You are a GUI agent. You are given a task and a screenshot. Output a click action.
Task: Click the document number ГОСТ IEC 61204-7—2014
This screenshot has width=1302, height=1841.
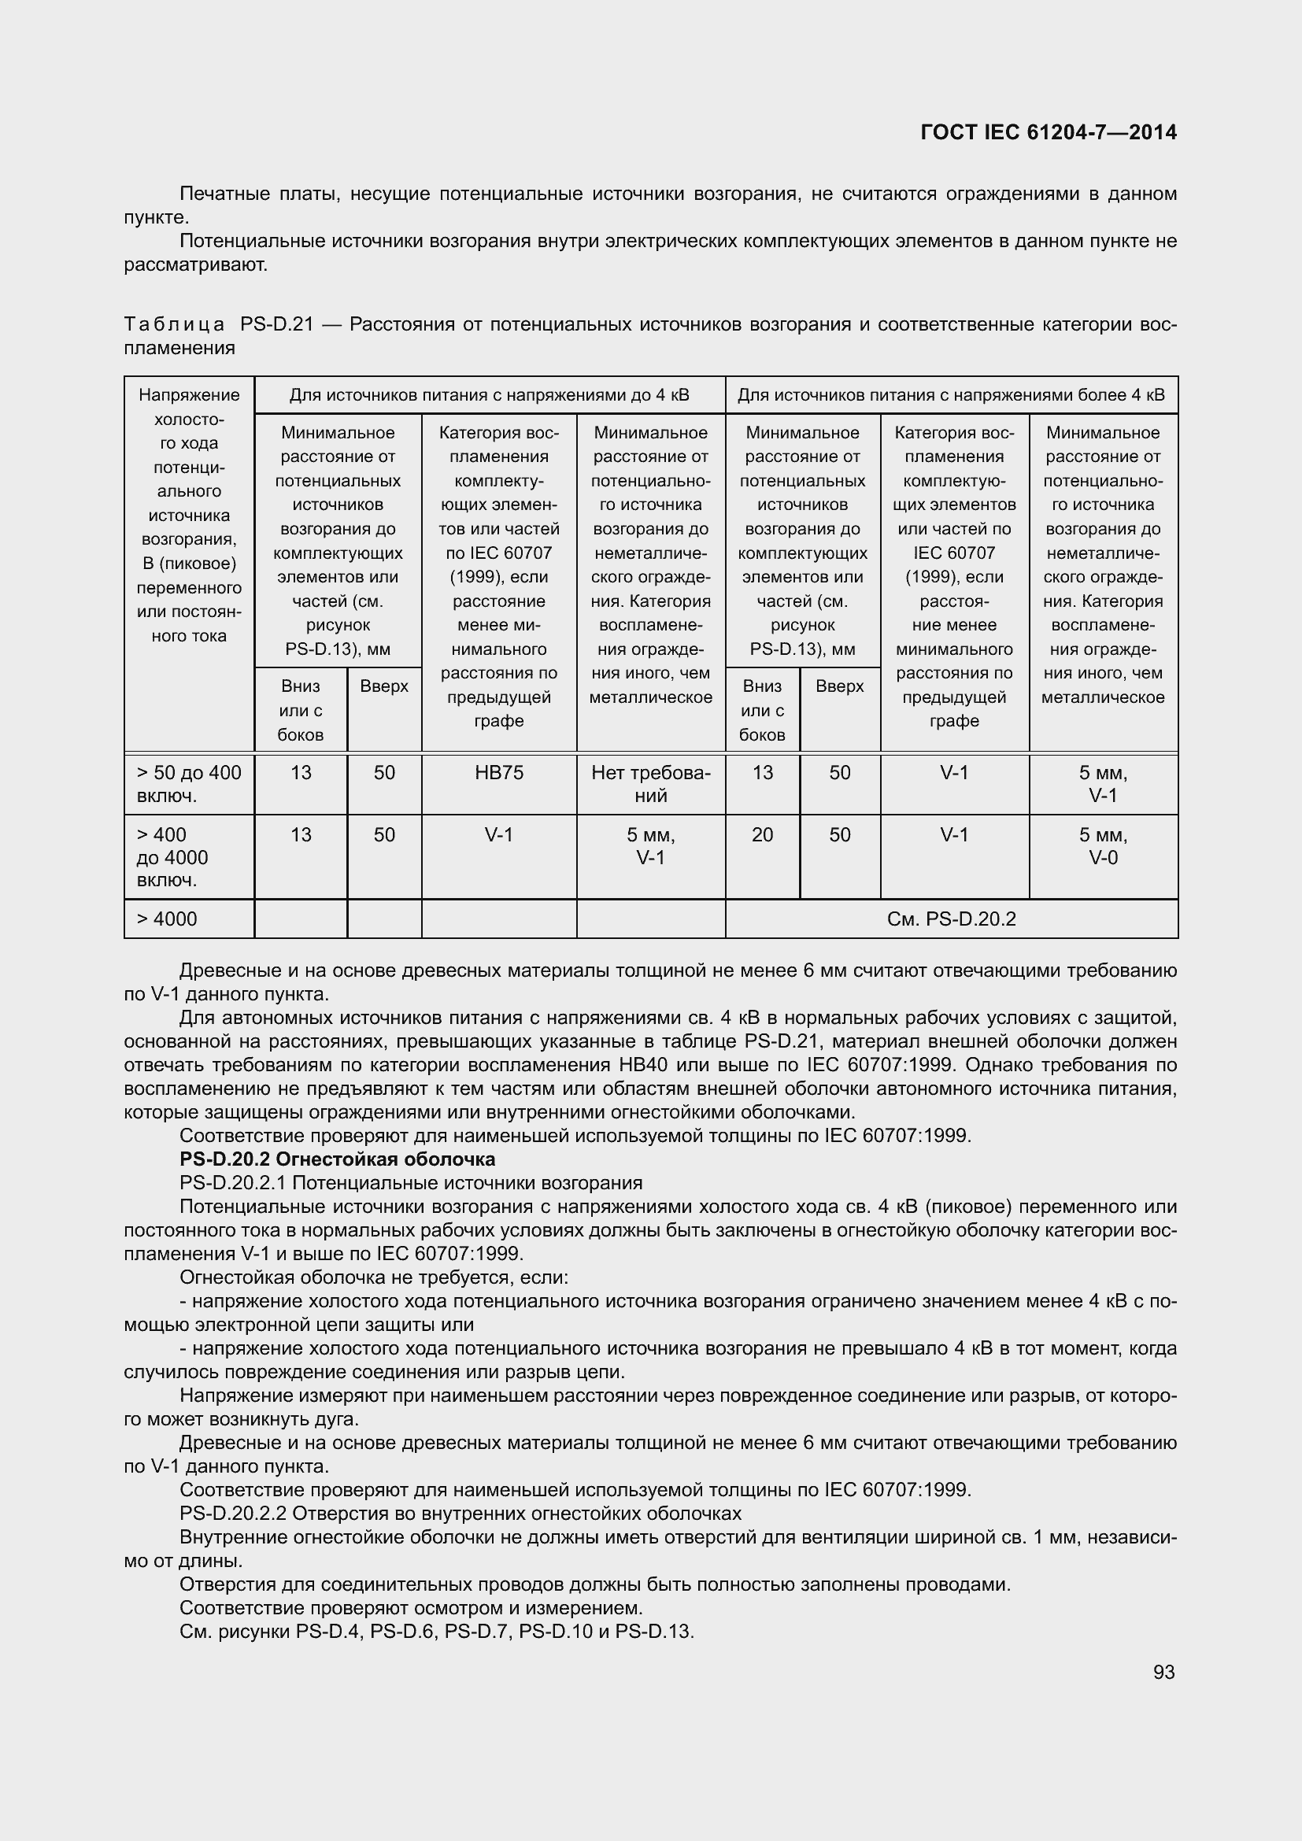[1049, 132]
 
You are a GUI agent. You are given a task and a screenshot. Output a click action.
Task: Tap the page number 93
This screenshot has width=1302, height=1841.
[1164, 1672]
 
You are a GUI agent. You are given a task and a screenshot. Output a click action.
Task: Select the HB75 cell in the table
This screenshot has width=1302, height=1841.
[498, 772]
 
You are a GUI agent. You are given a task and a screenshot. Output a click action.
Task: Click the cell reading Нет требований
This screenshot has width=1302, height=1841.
[650, 783]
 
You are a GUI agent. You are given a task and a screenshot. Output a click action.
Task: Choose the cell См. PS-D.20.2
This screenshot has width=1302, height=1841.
[951, 919]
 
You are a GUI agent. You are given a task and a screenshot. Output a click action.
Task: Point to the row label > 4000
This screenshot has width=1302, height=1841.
[167, 919]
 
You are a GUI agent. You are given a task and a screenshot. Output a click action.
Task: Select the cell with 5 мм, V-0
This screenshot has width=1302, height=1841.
[1102, 846]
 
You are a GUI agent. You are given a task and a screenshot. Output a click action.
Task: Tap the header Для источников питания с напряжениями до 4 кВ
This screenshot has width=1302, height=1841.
[489, 395]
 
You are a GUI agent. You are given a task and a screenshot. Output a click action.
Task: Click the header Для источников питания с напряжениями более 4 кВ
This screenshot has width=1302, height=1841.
[951, 395]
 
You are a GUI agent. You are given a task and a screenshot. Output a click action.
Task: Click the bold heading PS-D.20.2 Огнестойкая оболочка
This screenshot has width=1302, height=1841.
[338, 1159]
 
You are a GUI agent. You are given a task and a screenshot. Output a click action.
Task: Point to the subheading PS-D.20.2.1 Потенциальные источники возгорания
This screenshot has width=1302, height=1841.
[410, 1183]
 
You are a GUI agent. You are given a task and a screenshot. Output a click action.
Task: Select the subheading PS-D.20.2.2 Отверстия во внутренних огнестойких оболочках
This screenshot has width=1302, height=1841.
[461, 1513]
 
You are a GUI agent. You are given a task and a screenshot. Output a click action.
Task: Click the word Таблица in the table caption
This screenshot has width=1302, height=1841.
[175, 325]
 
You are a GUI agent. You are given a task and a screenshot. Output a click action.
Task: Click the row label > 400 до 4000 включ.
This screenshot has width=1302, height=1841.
[172, 857]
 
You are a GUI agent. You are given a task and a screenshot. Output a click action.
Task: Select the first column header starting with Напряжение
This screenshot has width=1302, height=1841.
[188, 395]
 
